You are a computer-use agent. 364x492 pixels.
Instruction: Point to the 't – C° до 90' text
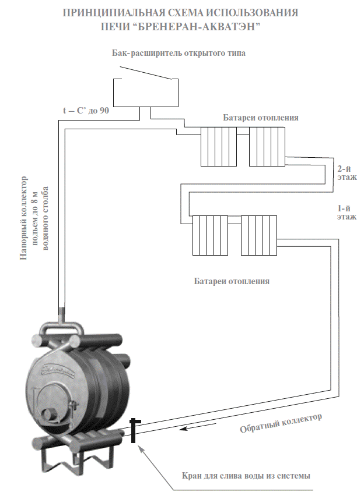click(x=86, y=110)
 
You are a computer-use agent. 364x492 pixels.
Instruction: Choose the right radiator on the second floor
click(x=267, y=146)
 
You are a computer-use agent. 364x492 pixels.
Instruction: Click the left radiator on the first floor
click(x=211, y=235)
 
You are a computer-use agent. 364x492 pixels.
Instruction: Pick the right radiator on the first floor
click(x=259, y=235)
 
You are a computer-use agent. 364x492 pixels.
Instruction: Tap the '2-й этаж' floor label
click(x=343, y=173)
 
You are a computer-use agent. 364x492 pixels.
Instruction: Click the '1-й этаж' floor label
click(x=343, y=211)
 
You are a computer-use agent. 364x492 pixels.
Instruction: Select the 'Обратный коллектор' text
click(x=281, y=424)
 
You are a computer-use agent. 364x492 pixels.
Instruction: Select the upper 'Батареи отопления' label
click(x=261, y=118)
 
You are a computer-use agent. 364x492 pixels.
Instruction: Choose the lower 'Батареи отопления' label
click(x=232, y=281)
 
